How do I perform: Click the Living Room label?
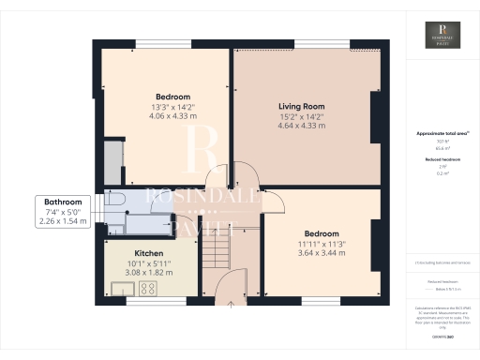click(x=301, y=106)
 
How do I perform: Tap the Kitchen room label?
click(x=150, y=254)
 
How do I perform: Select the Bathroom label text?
click(x=64, y=202)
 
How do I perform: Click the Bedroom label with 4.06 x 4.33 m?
click(x=172, y=97)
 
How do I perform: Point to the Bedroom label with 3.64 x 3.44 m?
click(x=322, y=233)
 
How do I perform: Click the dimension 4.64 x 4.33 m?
click(x=301, y=126)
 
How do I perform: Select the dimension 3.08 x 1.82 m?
click(x=150, y=274)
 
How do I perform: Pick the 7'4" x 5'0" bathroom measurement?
click(x=64, y=213)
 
